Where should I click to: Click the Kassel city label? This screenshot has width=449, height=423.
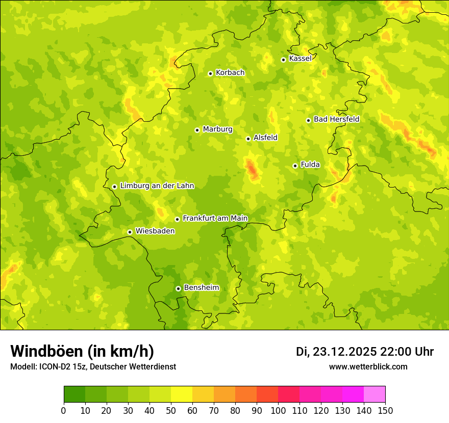pos(300,59)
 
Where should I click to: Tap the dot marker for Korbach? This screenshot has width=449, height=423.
pos(210,73)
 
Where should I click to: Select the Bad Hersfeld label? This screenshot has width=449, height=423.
pos(336,119)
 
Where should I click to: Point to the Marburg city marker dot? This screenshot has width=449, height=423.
pos(197,130)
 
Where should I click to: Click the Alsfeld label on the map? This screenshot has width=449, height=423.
pos(265,138)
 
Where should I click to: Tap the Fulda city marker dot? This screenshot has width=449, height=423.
pos(295,166)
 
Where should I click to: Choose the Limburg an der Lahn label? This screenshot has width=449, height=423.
pos(157,186)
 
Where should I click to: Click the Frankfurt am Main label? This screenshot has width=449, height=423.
pos(215,218)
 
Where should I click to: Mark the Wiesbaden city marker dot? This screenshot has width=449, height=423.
pos(130,232)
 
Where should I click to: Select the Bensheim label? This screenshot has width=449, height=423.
pos(201,287)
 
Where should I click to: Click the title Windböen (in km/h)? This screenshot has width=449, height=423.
pos(82,351)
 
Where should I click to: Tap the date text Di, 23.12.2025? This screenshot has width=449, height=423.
pos(336,352)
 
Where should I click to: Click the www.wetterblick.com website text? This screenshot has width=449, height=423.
pos(368,366)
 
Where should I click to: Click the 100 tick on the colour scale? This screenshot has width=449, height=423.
pos(278,410)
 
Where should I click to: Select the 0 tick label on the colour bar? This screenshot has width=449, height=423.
pos(64,410)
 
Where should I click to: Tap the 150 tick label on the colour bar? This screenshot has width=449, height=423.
pos(385,410)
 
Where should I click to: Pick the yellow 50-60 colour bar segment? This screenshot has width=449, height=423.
pos(182,394)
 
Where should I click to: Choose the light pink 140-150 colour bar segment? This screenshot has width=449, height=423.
pos(375,394)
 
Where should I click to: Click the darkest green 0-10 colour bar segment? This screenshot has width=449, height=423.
pos(74,394)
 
